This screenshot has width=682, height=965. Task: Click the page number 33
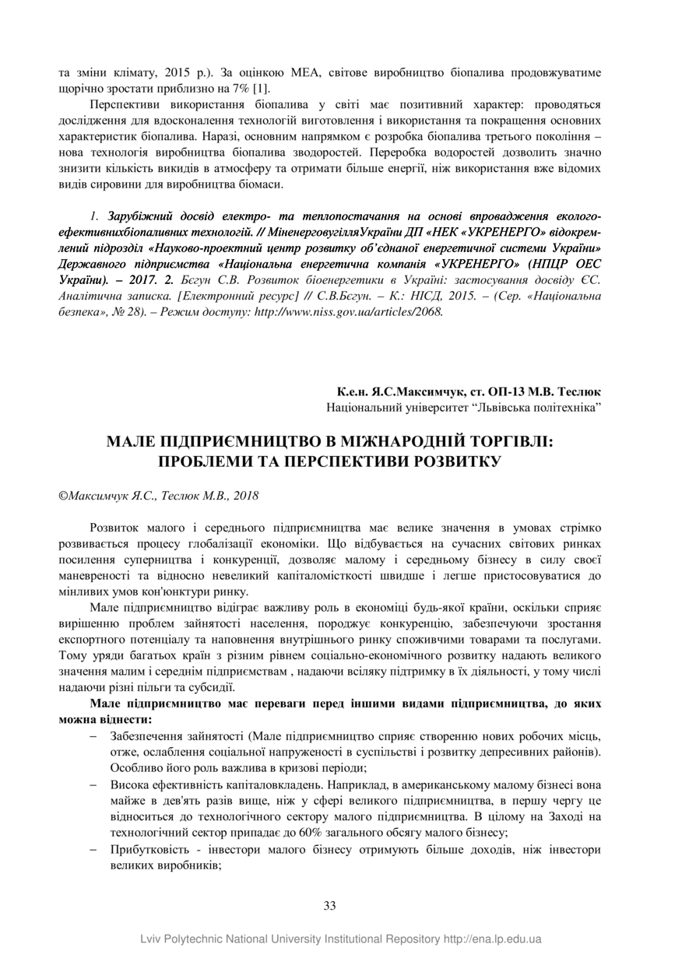coord(329,905)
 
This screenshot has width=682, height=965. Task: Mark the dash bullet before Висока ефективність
coord(93,784)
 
